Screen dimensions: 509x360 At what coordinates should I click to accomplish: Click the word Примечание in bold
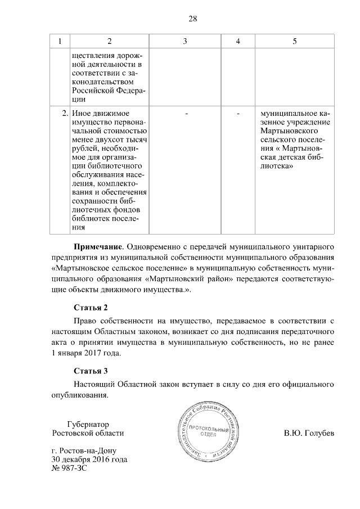pos(98,247)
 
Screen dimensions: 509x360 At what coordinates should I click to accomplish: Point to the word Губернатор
pos(88,424)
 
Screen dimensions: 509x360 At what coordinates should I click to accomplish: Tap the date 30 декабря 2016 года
pos(89,460)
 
